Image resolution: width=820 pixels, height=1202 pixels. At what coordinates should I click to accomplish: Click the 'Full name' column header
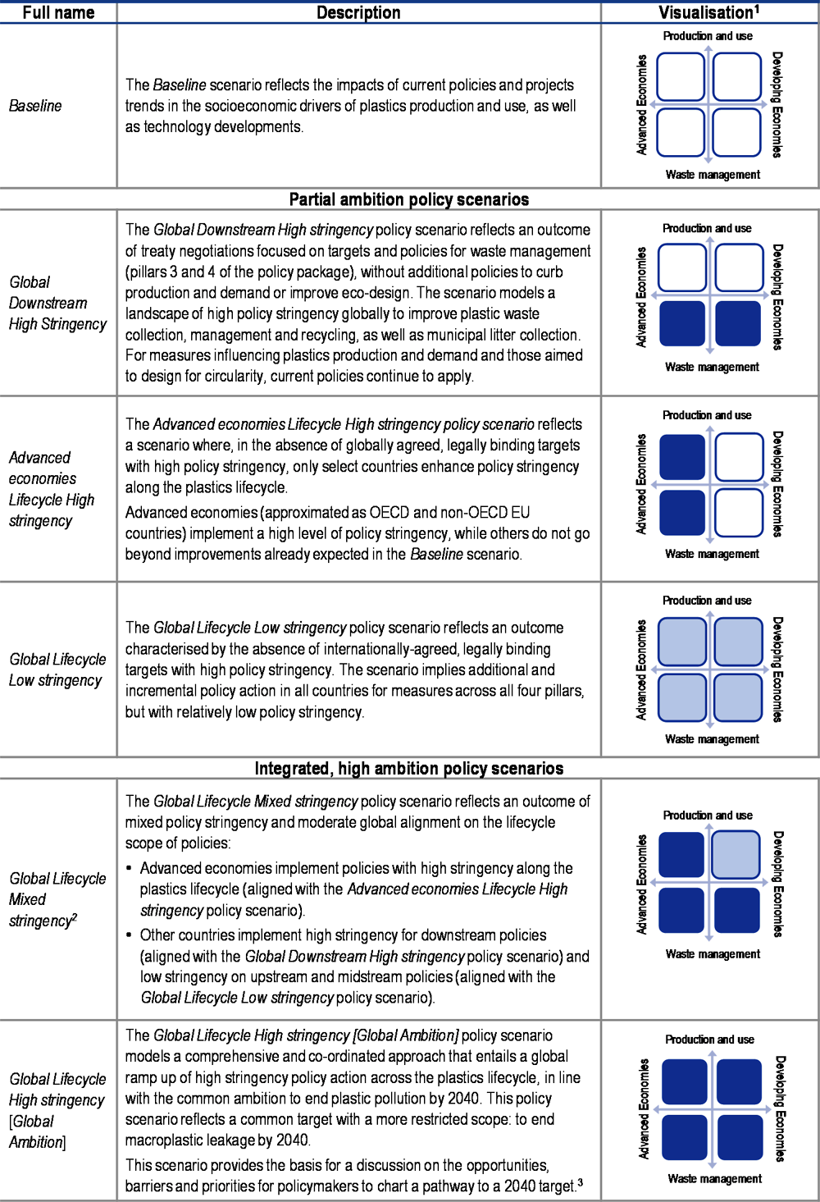(x=58, y=12)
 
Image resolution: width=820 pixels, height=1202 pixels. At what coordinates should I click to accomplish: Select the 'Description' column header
(x=358, y=12)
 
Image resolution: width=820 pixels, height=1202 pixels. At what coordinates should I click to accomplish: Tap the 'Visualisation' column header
(x=708, y=12)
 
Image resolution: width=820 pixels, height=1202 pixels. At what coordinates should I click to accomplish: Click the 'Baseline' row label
(x=35, y=106)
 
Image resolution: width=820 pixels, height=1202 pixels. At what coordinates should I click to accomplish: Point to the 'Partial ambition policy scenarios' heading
(x=409, y=199)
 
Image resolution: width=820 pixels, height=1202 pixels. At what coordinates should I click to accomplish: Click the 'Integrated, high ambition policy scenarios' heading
(x=409, y=769)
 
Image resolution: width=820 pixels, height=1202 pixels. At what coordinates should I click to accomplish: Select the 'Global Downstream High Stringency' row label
(x=57, y=303)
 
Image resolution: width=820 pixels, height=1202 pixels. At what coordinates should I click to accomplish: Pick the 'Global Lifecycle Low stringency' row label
(x=57, y=670)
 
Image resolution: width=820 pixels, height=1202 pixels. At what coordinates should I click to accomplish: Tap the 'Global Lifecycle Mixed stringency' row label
(x=57, y=899)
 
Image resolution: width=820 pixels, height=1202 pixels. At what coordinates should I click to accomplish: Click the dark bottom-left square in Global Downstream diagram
(x=682, y=323)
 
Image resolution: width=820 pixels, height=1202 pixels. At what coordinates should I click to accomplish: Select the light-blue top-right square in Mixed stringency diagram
(x=736, y=854)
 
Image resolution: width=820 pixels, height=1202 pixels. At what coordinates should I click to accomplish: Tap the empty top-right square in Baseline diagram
(x=736, y=76)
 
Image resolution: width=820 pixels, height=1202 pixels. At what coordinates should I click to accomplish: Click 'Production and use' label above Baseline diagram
(x=708, y=36)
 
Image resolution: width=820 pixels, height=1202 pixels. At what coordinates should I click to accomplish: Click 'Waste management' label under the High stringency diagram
(x=714, y=1179)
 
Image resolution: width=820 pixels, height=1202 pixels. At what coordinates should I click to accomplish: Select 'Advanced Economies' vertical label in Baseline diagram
(x=642, y=104)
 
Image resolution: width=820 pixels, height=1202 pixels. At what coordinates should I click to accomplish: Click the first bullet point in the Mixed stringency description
(x=130, y=868)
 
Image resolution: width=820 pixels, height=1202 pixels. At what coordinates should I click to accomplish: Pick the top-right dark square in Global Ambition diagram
(x=739, y=1081)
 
